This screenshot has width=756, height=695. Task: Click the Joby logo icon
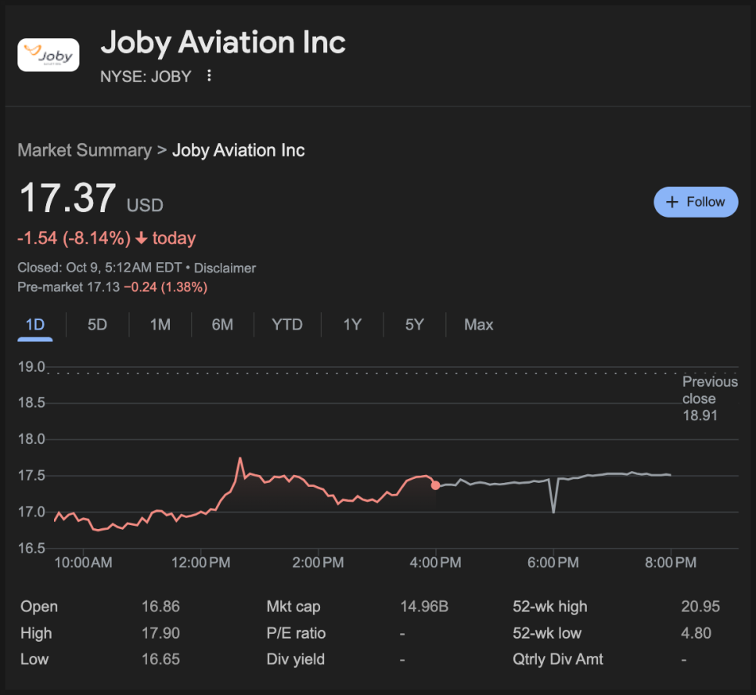49,56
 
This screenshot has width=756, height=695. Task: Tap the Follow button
696,202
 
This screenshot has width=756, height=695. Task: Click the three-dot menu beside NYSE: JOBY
209,76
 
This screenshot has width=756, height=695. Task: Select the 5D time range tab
97,325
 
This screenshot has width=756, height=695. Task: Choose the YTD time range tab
286,325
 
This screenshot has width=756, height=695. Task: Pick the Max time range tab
478,325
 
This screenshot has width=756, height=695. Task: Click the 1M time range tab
160,325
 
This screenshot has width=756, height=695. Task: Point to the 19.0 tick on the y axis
32,367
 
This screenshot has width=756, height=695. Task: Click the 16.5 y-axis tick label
32,548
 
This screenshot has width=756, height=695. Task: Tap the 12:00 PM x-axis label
200,563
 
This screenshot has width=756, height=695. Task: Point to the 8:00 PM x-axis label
671,563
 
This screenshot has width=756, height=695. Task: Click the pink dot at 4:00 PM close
435,485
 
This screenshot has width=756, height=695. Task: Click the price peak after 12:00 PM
240,459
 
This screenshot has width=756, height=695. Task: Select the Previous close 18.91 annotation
709,398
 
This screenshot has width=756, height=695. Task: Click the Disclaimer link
225,268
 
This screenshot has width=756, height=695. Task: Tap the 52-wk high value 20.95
700,607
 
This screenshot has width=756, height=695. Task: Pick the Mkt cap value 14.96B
424,607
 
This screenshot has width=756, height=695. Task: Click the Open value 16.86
160,607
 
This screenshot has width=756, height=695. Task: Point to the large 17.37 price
67,199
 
